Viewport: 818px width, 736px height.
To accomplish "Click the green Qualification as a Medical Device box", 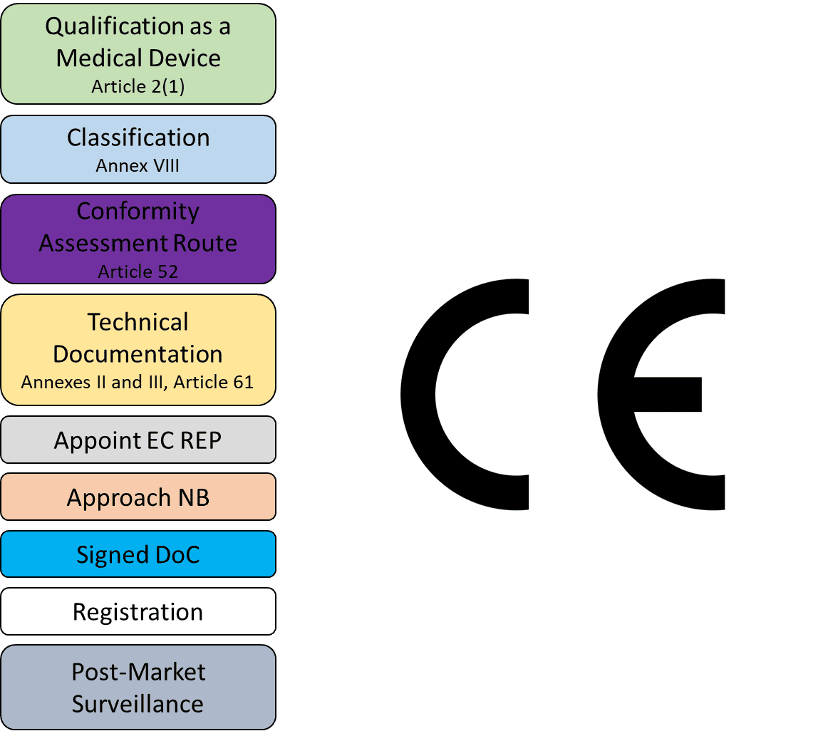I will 138,53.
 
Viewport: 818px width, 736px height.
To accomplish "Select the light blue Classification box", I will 138,150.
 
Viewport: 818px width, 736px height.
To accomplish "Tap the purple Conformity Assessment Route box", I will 138,239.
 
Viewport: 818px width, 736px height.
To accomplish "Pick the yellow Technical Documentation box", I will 138,350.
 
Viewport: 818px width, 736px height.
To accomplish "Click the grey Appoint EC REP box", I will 138,440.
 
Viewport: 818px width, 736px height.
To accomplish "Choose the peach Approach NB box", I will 138,497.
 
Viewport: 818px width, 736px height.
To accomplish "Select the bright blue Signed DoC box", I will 138,554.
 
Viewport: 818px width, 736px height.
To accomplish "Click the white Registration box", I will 138,611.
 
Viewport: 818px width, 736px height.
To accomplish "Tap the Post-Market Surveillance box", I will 138,687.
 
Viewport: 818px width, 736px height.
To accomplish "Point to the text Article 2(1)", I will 138,86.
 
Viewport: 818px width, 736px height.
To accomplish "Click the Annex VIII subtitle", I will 138,166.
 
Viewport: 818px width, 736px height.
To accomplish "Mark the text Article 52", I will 138,271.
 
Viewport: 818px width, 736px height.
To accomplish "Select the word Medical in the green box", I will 99,58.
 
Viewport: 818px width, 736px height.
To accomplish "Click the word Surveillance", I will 138,703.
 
